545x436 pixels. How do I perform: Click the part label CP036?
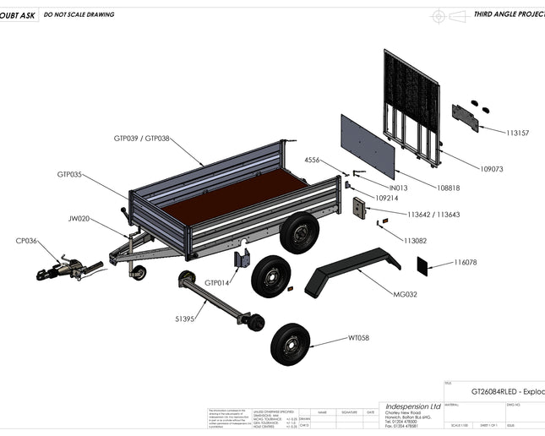click(x=26, y=241)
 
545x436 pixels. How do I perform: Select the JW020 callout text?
click(x=79, y=218)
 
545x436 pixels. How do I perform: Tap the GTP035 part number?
click(x=69, y=174)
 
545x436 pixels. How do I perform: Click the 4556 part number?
click(x=312, y=160)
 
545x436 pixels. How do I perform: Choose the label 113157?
click(x=517, y=134)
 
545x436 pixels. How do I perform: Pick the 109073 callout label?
click(x=491, y=169)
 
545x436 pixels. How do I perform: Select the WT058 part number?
click(x=358, y=338)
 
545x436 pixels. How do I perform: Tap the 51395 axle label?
click(x=186, y=319)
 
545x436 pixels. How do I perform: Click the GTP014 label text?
click(x=216, y=282)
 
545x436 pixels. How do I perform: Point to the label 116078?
click(x=466, y=263)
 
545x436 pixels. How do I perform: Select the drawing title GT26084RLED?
click(x=507, y=392)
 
